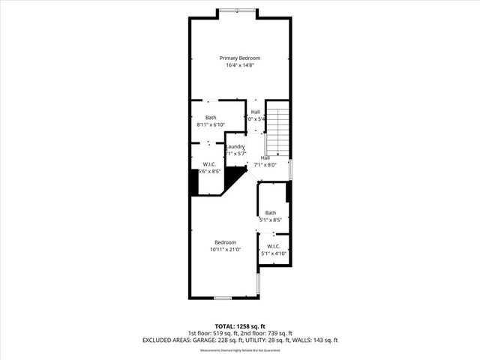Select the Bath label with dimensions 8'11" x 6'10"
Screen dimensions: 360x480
[x=211, y=118]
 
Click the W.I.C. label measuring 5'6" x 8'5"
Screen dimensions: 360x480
[x=209, y=164]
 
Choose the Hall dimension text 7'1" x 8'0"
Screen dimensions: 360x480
[x=265, y=165]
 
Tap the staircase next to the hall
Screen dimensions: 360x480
[x=278, y=131]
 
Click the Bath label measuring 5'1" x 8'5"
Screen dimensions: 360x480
[x=270, y=213]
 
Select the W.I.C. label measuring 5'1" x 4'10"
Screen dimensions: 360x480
[x=274, y=246]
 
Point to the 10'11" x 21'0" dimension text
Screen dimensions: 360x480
[x=226, y=250]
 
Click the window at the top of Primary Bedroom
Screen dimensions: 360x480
[x=237, y=10]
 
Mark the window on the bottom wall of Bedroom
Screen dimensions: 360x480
[x=223, y=298]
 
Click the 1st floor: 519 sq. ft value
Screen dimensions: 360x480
[x=212, y=333]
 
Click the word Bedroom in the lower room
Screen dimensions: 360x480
[x=226, y=242]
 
